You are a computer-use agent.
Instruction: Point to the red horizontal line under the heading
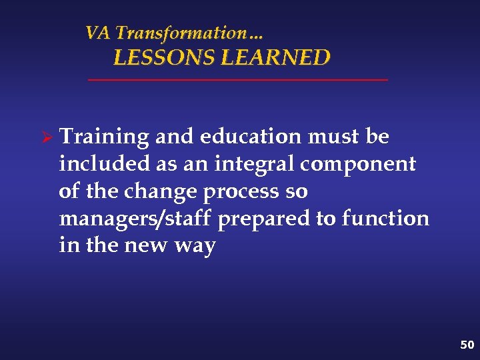pos(238,80)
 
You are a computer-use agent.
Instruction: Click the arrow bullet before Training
pos(47,137)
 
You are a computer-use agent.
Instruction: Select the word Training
pos(103,137)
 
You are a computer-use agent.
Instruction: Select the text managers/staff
pos(136,219)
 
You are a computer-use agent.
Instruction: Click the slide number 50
pos(467,345)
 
